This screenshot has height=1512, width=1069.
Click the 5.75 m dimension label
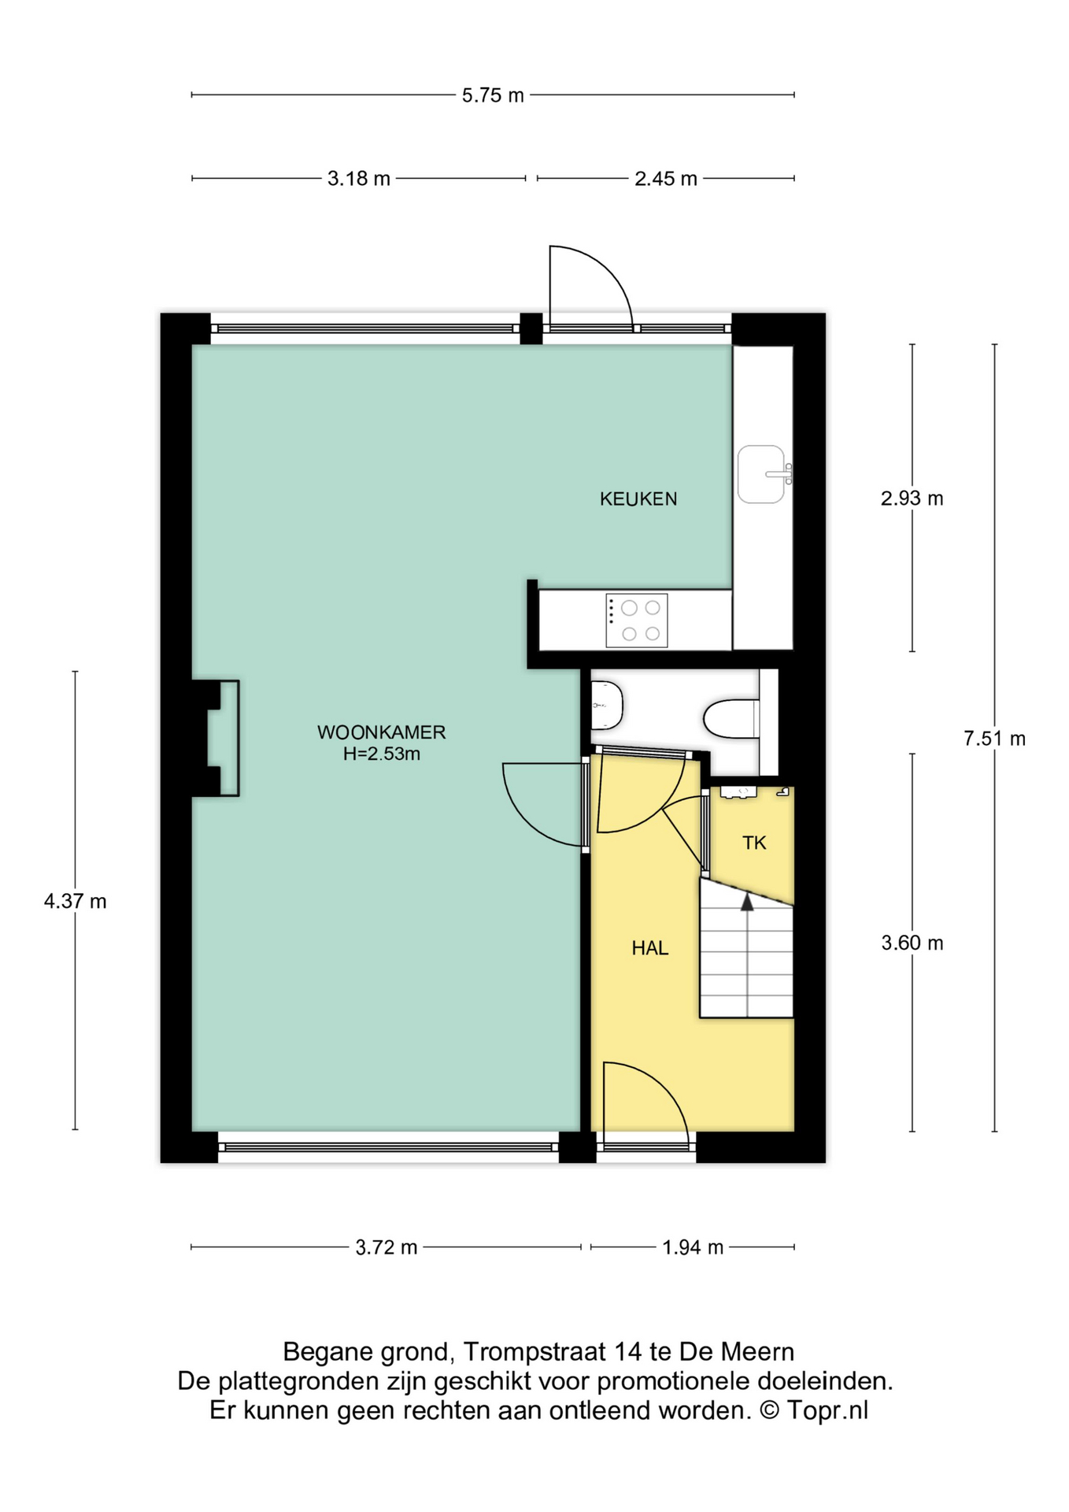493,95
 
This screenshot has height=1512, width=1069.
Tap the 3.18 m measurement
359,179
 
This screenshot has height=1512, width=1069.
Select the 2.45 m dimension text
666,179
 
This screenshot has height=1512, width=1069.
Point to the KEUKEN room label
638,498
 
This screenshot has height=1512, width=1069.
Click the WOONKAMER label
382,732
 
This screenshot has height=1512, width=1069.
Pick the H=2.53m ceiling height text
382,754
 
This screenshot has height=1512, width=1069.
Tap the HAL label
650,948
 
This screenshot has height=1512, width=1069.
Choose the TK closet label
754,843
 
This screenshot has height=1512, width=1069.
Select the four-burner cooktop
637,621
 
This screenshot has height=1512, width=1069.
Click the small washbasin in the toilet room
606,706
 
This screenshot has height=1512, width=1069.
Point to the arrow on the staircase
747,902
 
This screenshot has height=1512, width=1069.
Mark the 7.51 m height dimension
994,739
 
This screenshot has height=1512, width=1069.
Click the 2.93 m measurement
912,498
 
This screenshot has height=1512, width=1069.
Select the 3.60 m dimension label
912,943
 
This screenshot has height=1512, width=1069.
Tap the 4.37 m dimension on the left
76,901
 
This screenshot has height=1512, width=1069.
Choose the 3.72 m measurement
387,1247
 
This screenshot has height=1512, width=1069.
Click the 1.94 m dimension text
693,1247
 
